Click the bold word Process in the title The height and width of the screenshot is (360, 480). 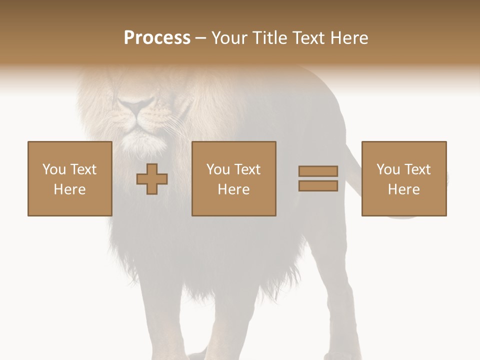tap(157, 38)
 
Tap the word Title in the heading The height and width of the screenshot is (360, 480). tap(269, 38)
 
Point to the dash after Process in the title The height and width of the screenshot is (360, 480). tap(200, 38)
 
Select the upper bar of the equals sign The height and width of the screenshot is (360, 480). tap(318, 171)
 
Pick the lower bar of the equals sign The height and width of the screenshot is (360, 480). tap(318, 186)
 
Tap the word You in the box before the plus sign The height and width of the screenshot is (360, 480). tap(54, 169)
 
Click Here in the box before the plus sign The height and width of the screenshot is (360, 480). tap(69, 189)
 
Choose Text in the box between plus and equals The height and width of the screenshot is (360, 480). tap(247, 169)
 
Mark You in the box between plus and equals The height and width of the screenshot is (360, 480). tap(218, 169)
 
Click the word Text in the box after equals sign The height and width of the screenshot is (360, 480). tap(417, 169)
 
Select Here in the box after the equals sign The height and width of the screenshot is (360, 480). tap(403, 189)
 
